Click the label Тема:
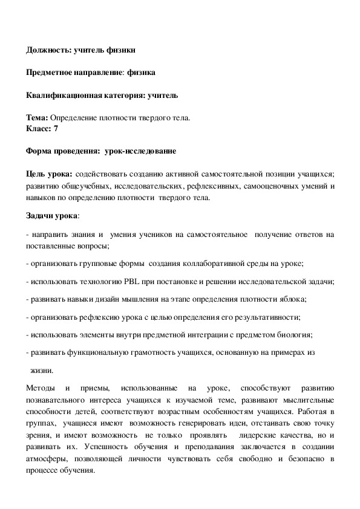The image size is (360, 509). (x=37, y=117)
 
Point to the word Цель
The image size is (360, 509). (x=37, y=173)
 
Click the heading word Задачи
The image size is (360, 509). (x=41, y=215)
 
